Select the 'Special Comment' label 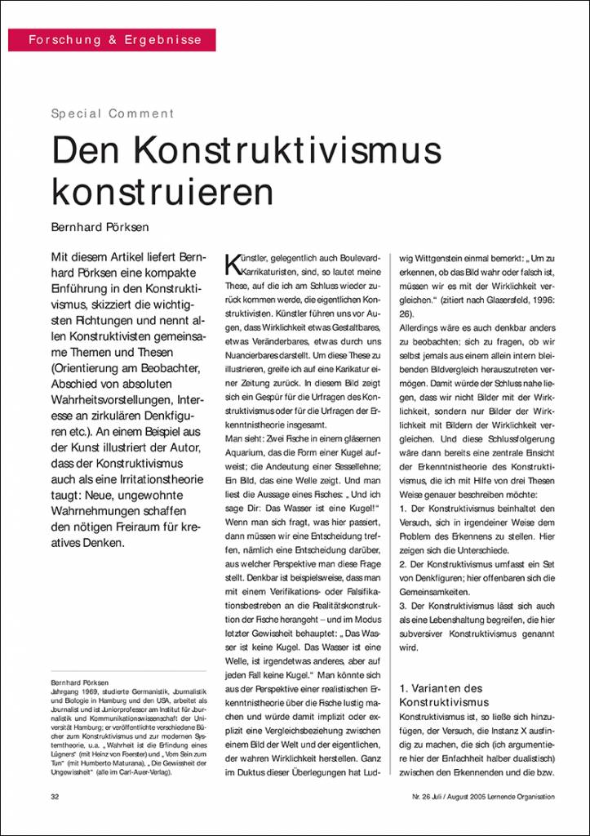click(x=113, y=113)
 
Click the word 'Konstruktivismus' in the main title click(x=290, y=151)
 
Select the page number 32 click(x=55, y=796)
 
